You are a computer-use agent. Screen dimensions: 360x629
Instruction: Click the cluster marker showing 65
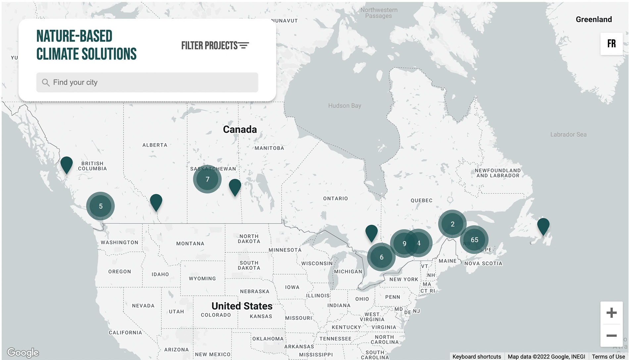(474, 239)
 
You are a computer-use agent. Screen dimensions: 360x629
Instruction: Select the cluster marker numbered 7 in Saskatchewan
(207, 179)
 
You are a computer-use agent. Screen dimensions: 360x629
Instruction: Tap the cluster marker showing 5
(101, 206)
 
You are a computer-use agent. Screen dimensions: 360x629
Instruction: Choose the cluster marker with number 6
(381, 257)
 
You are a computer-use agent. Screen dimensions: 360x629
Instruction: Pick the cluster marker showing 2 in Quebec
(452, 224)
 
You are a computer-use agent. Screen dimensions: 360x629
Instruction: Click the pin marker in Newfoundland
(543, 226)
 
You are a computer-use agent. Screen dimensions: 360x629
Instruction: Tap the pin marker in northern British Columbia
(67, 164)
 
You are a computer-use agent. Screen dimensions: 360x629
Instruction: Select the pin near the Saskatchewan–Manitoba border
(235, 186)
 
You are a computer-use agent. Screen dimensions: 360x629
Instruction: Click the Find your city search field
(147, 82)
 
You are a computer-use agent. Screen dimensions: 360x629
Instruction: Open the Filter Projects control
(215, 45)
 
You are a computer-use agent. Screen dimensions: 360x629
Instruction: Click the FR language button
(611, 44)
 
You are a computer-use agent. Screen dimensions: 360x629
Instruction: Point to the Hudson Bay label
(344, 106)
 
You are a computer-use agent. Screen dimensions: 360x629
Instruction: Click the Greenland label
(593, 20)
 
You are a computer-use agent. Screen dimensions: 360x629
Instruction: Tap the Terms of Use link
(608, 356)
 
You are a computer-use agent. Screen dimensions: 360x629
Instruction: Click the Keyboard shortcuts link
(476, 356)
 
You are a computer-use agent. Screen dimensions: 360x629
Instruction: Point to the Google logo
(23, 352)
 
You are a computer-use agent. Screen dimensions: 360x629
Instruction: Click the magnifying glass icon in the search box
(46, 82)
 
